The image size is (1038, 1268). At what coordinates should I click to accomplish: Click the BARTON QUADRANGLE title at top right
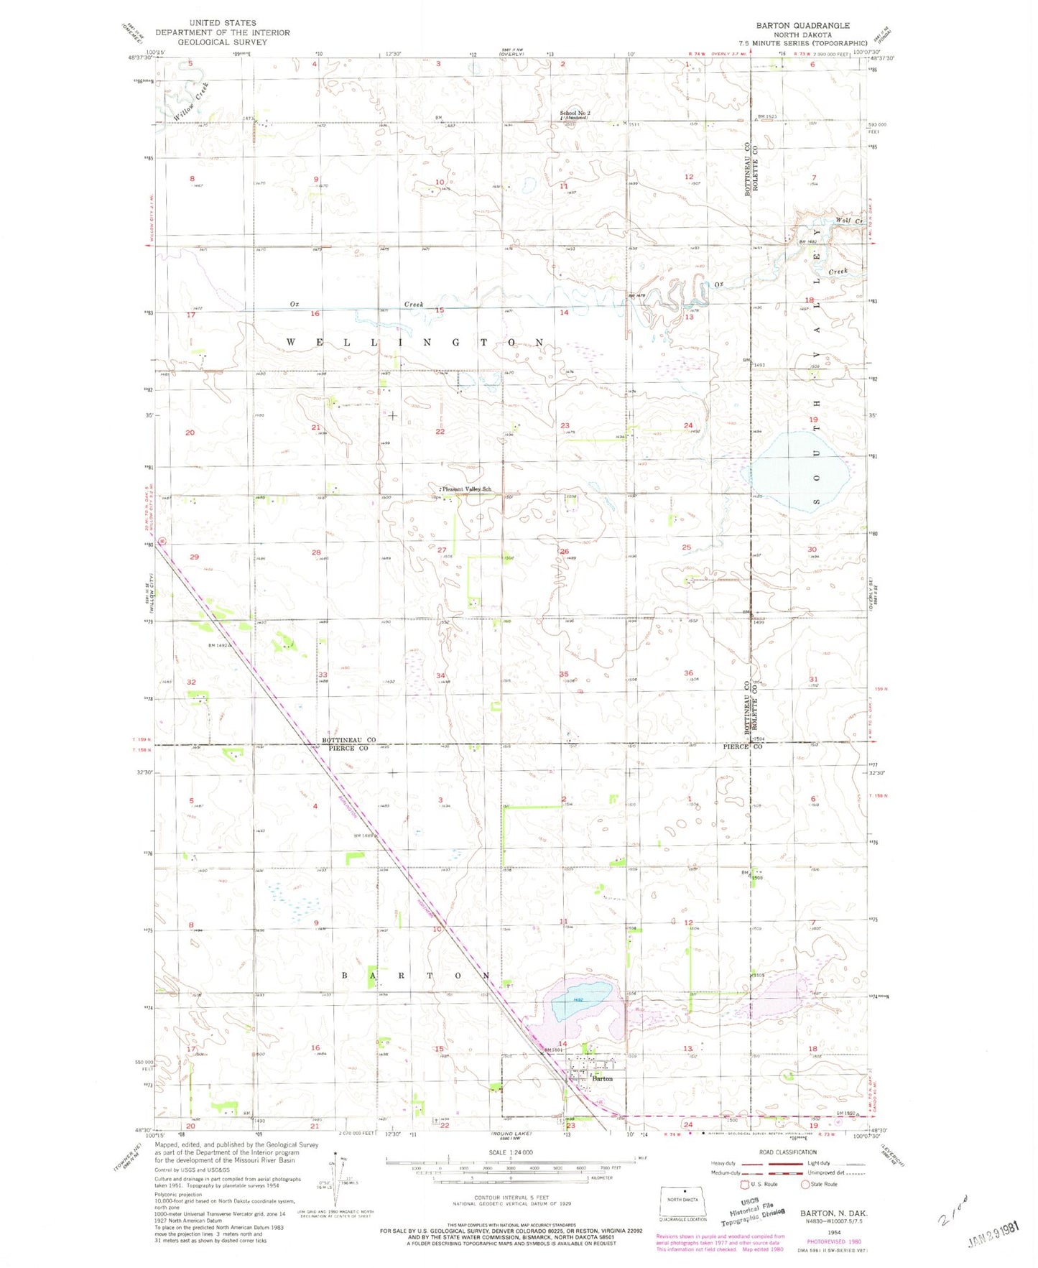click(x=802, y=25)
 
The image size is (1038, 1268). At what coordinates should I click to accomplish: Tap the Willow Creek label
click(x=191, y=101)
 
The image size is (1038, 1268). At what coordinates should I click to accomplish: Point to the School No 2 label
click(x=575, y=114)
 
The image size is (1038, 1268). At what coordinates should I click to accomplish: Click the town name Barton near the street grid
click(x=603, y=1078)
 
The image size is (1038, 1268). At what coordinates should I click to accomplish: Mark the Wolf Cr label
click(x=848, y=221)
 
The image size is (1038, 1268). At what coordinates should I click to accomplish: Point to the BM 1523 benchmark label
click(x=768, y=116)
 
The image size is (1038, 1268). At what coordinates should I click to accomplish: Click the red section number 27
click(x=442, y=550)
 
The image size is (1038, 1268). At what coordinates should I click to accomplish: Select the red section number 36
click(x=688, y=673)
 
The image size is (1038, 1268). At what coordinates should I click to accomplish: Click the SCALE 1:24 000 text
click(x=510, y=1152)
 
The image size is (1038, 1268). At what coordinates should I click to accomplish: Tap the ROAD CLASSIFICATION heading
click(x=786, y=1152)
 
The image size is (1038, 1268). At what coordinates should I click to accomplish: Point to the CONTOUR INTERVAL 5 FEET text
click(x=511, y=1198)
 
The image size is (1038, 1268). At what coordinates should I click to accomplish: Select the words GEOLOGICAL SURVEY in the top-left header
click(x=223, y=42)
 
